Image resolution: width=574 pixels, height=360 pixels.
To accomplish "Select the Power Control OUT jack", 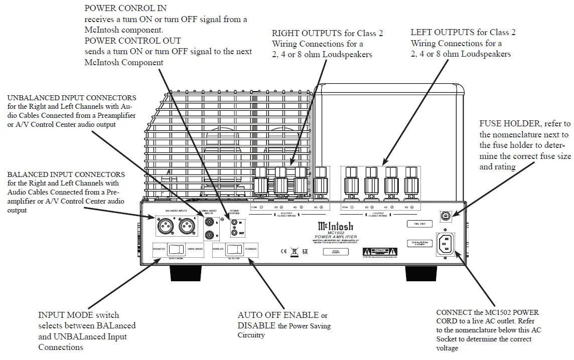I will pos(234,233).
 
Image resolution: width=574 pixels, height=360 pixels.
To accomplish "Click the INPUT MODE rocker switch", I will pos(174,249).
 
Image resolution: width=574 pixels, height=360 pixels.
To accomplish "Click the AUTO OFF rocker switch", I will pos(233,249).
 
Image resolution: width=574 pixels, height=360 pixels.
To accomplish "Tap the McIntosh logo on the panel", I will pos(336,227).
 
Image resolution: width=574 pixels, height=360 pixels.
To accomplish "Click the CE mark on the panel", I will pos(282,249).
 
